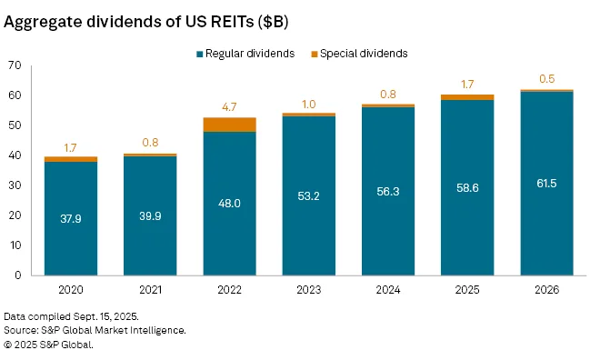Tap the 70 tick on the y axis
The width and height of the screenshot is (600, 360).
tap(14, 65)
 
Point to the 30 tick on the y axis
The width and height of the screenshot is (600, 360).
tap(14, 185)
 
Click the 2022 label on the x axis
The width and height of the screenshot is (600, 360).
tap(229, 290)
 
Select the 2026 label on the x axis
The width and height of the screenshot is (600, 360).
tap(547, 290)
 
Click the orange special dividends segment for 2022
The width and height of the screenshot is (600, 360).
tap(229, 125)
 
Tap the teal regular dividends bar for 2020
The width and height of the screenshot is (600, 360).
tap(71, 218)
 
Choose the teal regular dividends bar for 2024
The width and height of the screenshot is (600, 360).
tap(388, 191)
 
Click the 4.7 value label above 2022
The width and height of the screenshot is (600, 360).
tap(229, 106)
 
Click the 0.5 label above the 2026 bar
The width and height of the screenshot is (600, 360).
tap(547, 78)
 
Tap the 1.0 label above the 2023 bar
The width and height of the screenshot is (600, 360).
tap(309, 103)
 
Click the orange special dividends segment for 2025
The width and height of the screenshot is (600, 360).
tap(468, 97)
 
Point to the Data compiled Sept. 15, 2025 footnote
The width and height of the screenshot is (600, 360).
tap(67, 315)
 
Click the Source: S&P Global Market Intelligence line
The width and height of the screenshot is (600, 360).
tap(95, 330)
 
